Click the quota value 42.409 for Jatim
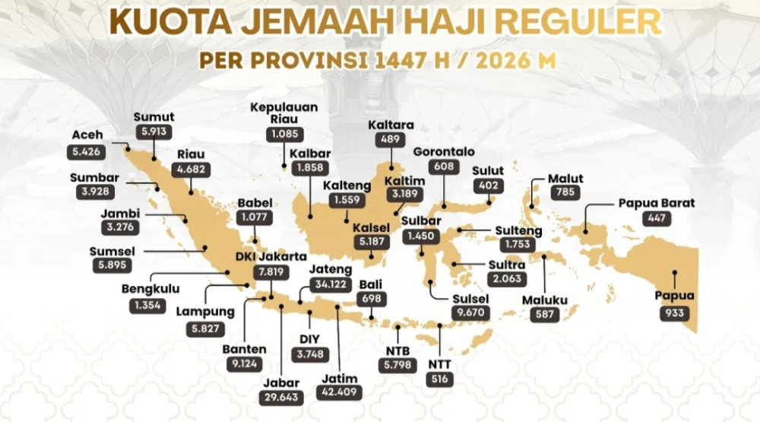(340, 393)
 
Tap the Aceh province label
(87, 135)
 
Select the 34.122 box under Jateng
(331, 285)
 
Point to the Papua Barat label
(657, 203)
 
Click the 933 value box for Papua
(674, 313)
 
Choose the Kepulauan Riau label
(284, 113)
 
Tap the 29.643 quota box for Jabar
(282, 398)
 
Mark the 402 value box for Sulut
(488, 186)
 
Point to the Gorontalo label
(444, 151)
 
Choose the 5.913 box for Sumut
(154, 132)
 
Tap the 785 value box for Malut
(565, 194)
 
